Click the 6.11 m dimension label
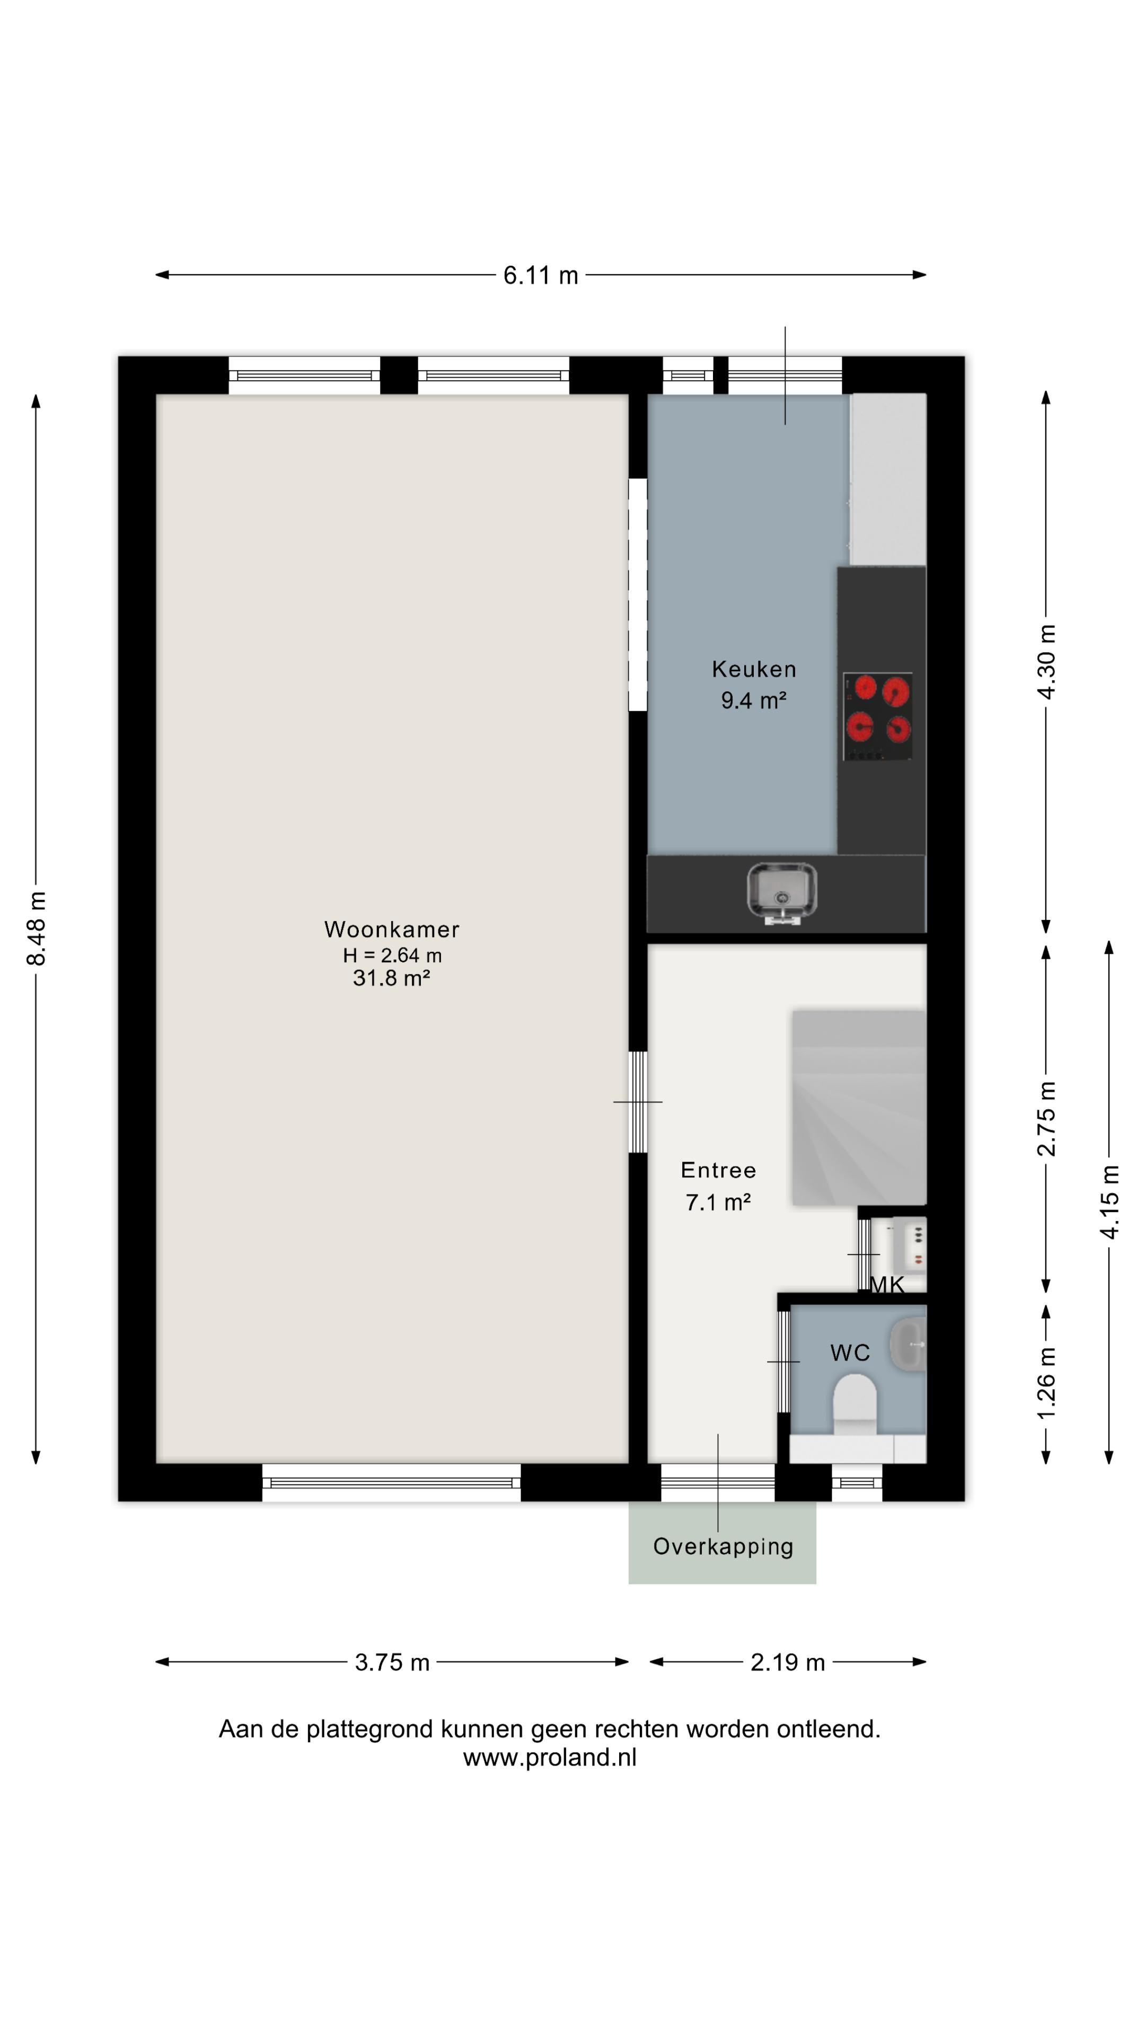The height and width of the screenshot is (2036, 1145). [x=541, y=275]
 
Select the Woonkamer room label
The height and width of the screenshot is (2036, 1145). [x=391, y=929]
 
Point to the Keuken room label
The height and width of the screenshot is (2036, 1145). [x=753, y=670]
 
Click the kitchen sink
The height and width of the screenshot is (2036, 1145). [x=781, y=892]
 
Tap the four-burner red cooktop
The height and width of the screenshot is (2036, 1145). [x=877, y=716]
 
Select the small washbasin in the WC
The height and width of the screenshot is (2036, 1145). [x=909, y=1344]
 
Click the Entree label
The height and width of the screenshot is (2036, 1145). [x=718, y=1170]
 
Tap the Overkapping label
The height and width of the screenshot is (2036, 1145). [x=722, y=1547]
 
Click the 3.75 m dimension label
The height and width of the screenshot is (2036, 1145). [x=392, y=1662]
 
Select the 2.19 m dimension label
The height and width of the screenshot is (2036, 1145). [x=787, y=1662]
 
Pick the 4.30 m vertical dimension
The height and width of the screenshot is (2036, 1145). [x=1045, y=662]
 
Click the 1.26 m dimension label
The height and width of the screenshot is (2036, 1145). [x=1045, y=1382]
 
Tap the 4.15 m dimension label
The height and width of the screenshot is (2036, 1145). [x=1108, y=1201]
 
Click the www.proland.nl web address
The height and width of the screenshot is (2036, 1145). [x=549, y=1757]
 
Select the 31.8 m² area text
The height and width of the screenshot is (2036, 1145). [x=391, y=978]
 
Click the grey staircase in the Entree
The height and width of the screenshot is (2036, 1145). [x=858, y=1107]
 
